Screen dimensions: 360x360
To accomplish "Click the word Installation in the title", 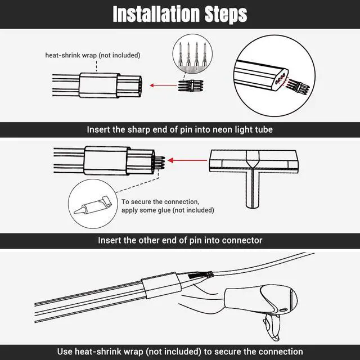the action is (156, 14).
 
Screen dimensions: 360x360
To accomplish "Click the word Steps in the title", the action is (226, 15).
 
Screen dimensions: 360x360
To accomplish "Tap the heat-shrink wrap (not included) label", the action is (93, 55).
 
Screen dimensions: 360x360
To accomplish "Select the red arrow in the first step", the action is (164, 85).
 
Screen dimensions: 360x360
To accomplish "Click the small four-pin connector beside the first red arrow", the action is (191, 86).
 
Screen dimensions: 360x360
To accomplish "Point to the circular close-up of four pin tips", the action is (192, 54).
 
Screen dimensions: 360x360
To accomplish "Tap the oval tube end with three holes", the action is (279, 79).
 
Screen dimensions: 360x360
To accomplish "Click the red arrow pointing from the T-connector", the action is (187, 160).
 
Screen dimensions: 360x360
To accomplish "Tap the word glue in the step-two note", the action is (164, 210).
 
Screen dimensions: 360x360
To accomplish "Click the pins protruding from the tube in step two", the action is (159, 163).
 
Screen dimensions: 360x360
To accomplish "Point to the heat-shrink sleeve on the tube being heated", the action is (161, 285).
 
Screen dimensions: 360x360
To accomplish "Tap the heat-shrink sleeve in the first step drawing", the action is (99, 85).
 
